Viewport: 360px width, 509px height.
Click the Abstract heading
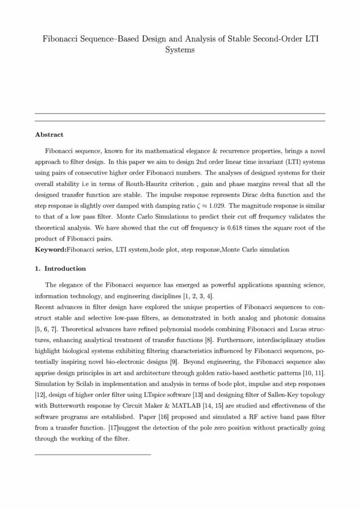pos(49,134)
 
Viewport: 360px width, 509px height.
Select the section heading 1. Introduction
pos(61,269)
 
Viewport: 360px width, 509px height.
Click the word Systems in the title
pos(179,50)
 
